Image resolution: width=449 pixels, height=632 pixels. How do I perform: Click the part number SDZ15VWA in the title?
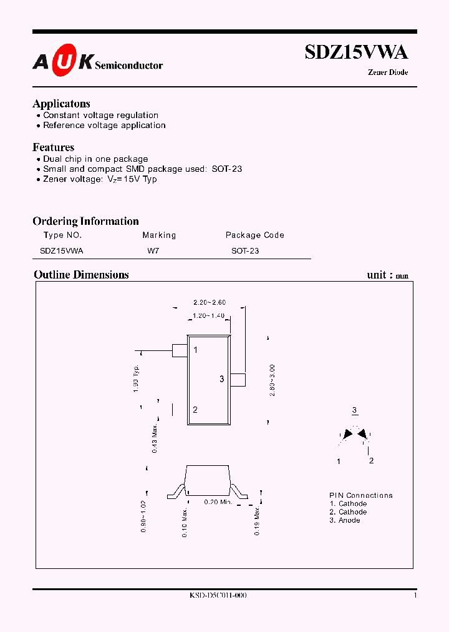coord(356,52)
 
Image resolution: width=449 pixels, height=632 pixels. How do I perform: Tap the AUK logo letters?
coord(63,61)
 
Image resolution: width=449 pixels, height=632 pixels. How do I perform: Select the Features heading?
coord(54,147)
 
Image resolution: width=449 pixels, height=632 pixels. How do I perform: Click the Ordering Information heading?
coord(85,221)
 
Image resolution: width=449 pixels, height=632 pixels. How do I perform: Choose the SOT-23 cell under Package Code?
coord(245,250)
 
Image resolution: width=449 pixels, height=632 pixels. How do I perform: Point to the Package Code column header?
coord(254,235)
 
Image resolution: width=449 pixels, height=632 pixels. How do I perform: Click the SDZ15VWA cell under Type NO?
coord(61,250)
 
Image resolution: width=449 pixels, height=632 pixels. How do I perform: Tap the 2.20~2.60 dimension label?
coord(209,302)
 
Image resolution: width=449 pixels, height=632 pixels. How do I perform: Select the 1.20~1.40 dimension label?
coord(208,315)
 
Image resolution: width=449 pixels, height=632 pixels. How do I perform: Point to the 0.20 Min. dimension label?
coord(218,501)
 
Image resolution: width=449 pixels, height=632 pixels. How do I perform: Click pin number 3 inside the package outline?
coord(221,379)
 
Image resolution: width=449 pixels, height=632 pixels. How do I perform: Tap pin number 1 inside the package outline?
coord(195,350)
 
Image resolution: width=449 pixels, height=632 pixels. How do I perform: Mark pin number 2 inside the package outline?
coord(195,410)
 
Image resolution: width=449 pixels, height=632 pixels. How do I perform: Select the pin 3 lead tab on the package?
coord(238,379)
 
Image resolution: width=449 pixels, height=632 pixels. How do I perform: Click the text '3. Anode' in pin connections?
coord(345,520)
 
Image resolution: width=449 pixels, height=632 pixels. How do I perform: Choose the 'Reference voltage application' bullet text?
coord(104,126)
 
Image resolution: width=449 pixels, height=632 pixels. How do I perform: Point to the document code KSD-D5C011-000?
coord(218,596)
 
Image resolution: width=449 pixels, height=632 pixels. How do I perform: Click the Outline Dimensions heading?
coord(81,275)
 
